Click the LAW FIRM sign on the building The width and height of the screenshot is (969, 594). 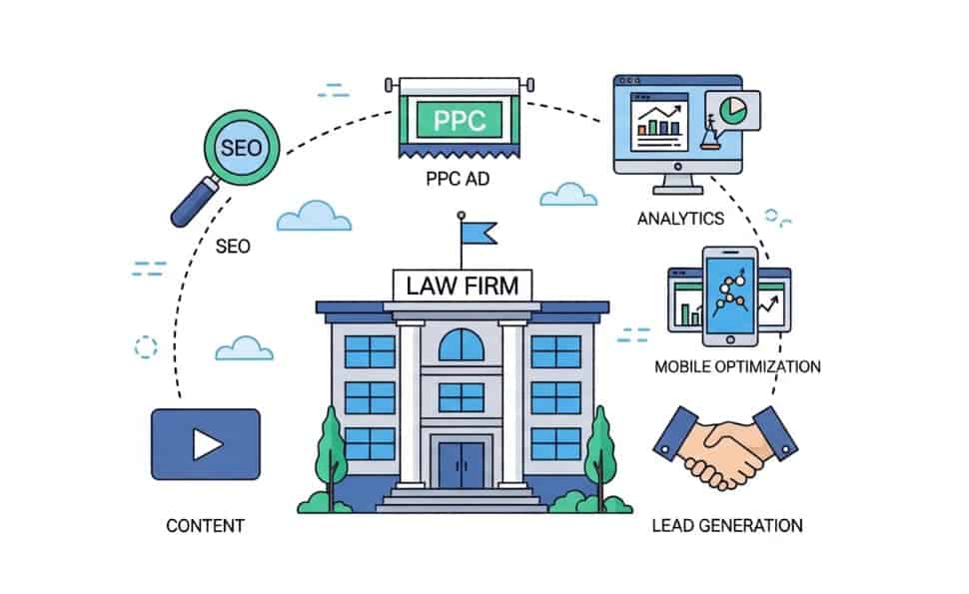463,285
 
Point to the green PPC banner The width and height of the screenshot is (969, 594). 460,121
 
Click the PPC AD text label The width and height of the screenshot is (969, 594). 460,181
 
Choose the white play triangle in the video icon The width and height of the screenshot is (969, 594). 207,444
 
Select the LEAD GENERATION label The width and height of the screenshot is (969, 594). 726,525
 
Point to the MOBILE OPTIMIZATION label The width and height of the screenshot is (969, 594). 737,366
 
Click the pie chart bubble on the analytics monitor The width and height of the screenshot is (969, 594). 732,110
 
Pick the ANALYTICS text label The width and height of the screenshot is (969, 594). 680,218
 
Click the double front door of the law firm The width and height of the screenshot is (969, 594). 462,464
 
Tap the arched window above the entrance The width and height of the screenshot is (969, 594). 462,345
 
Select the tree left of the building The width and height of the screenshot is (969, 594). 332,449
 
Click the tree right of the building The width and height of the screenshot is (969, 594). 599,449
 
